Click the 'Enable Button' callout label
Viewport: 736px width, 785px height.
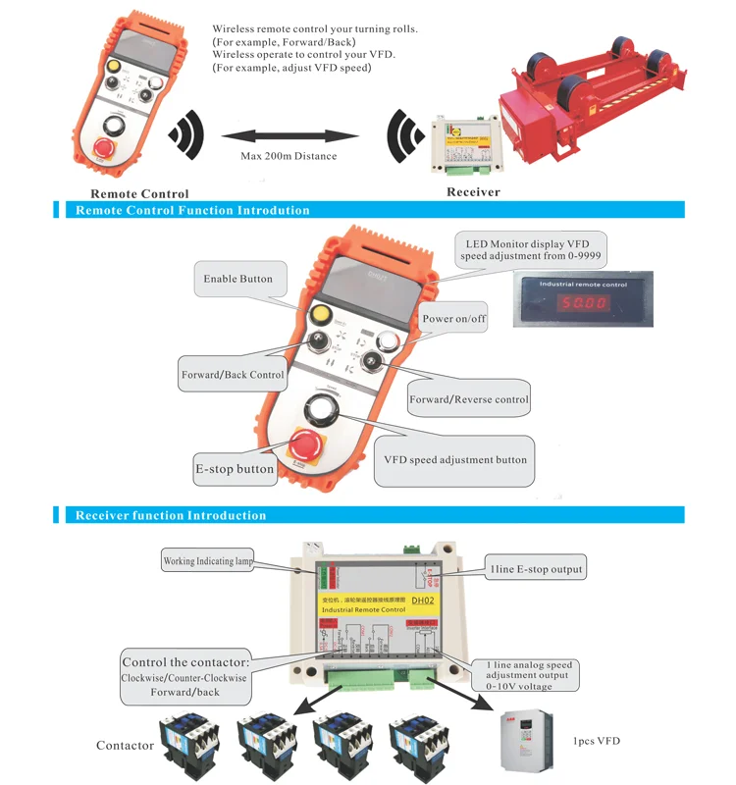pos(237,279)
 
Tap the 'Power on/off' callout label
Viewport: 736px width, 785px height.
pos(453,319)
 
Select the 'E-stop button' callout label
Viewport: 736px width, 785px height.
pos(234,469)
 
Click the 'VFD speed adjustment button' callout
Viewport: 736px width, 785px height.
pos(455,459)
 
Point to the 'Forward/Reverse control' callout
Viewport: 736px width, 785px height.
pos(468,399)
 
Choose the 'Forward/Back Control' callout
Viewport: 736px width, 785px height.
pos(233,374)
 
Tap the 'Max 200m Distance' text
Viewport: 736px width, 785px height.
pos(289,156)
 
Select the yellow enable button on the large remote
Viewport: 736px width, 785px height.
pos(318,315)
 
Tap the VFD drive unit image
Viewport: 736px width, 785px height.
pos(521,742)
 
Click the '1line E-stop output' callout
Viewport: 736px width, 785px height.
pos(536,568)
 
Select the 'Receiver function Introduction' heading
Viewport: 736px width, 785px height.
pos(171,515)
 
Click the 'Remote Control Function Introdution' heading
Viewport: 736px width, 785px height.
pos(192,210)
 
